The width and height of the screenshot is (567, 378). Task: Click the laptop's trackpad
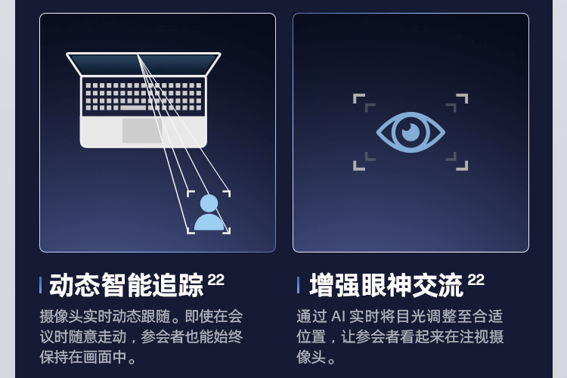click(142, 130)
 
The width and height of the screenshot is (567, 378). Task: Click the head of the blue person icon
click(209, 203)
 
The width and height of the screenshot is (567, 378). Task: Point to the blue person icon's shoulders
click(209, 222)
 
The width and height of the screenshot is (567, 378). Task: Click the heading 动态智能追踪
click(126, 286)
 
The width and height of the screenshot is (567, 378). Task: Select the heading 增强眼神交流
click(386, 286)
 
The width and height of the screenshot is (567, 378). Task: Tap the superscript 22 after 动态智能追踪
click(216, 280)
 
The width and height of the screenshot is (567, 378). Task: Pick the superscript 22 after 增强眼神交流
click(476, 280)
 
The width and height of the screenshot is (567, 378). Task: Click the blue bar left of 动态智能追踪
click(40, 286)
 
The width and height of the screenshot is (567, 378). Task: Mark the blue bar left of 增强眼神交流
click(298, 286)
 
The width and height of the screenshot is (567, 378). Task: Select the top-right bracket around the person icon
click(226, 194)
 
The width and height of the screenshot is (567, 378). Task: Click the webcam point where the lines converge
click(138, 54)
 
